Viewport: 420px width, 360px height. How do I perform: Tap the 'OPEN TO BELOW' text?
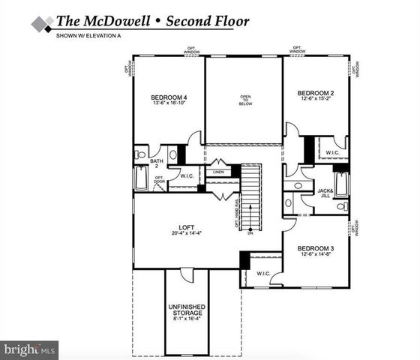[x=244, y=100]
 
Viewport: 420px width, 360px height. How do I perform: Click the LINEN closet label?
[x=218, y=172]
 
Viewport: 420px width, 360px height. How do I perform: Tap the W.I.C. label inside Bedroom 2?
[x=331, y=153]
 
